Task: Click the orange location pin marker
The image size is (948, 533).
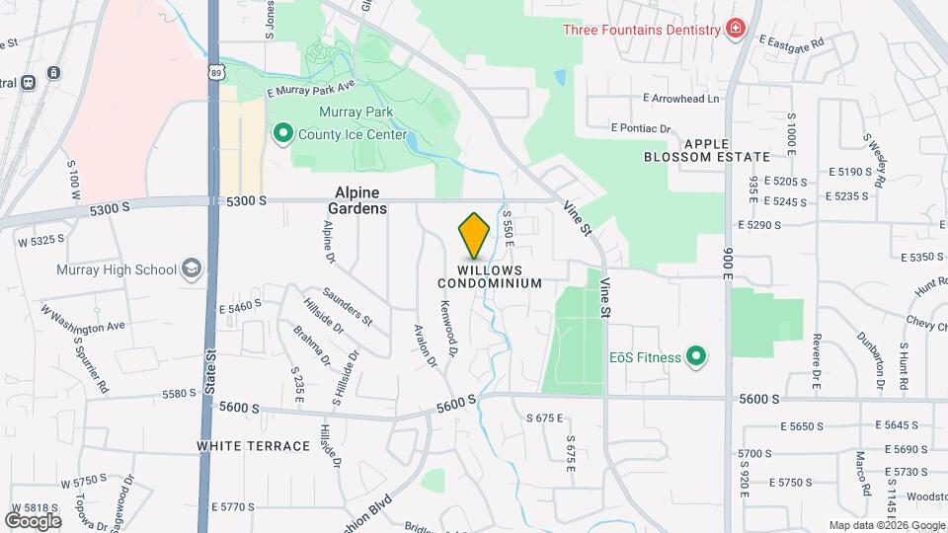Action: point(474,236)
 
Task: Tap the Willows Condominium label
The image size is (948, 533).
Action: point(490,276)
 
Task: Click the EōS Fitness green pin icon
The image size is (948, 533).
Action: point(696,355)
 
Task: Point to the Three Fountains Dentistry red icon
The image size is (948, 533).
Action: point(734,30)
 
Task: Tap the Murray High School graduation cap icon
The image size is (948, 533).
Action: point(191,268)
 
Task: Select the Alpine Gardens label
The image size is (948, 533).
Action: point(357,200)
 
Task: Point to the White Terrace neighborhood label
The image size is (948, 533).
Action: point(254,446)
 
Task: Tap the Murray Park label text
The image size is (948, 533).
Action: point(355,113)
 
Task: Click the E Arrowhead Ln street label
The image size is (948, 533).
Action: point(681,99)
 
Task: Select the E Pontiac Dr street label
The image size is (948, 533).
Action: point(641,128)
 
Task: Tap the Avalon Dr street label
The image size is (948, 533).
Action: point(426,345)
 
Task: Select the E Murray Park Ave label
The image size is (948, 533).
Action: point(310,90)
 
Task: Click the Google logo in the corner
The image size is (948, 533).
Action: point(33,520)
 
